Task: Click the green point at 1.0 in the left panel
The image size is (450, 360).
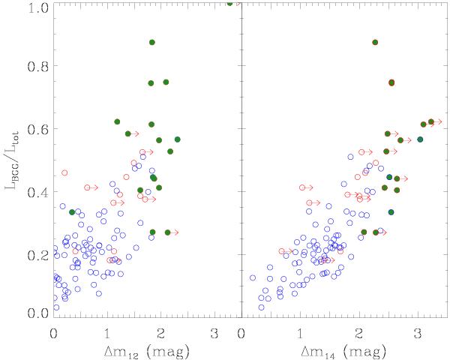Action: [229, 4]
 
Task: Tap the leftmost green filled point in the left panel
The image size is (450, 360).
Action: [72, 212]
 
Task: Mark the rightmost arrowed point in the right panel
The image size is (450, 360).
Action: [431, 121]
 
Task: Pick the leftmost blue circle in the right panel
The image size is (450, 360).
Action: [253, 277]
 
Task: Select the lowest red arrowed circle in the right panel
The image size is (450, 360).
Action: [282, 251]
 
